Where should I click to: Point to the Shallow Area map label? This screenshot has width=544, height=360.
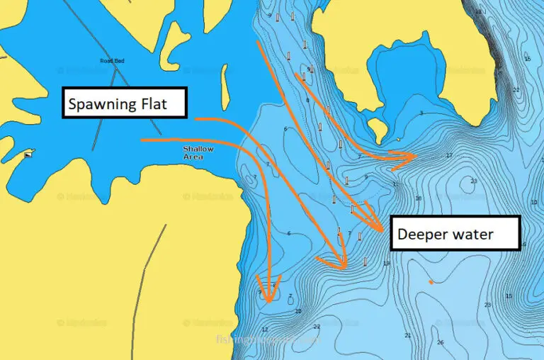tap(198, 152)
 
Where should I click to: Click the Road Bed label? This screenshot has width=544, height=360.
tap(112, 61)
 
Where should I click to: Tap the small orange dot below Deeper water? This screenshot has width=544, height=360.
tap(431, 282)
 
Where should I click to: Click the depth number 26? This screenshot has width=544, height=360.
tap(440, 342)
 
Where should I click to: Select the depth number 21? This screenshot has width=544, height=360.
tap(408, 335)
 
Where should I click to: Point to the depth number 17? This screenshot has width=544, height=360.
tap(449, 155)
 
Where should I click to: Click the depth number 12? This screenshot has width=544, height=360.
tap(265, 330)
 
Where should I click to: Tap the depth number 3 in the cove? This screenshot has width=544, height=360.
tap(421, 113)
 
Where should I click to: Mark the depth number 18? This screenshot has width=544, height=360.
tap(419, 198)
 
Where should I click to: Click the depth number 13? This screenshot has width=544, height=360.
tap(386, 264)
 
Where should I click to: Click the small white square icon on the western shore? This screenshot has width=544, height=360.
tap(28, 154)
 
